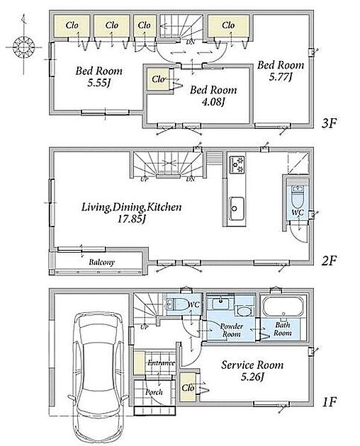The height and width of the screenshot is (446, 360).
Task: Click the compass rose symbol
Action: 24,46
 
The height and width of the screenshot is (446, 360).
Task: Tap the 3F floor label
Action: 329,123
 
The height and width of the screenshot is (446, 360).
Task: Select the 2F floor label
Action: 329,261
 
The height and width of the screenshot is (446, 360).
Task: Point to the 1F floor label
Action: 330,402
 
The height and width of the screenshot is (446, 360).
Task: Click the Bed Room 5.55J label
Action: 99,76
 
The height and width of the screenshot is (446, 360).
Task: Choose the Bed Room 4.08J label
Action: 213,96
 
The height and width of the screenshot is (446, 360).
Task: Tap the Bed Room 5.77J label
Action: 281,71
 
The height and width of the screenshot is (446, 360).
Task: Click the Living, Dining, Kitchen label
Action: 131,212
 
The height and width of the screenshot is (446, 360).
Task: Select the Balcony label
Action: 101,262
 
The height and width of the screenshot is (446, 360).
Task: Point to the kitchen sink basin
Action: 237,208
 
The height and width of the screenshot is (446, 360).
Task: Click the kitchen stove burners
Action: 237,164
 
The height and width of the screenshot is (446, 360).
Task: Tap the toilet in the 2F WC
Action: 298,197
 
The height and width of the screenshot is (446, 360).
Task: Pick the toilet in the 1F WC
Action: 176,304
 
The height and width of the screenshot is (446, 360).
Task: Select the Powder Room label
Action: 232,330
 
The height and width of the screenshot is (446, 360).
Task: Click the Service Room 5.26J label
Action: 252,371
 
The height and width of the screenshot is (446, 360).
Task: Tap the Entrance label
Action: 161,363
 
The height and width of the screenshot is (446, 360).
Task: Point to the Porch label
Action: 154,392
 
